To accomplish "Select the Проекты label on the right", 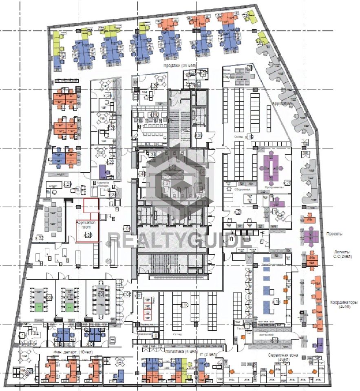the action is [x=334, y=234].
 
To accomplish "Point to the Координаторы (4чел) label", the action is [x=343, y=305].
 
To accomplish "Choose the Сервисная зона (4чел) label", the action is [x=283, y=358].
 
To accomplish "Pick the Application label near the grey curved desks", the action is [x=282, y=104].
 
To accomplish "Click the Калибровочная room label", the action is [x=272, y=265].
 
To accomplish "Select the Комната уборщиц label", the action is [x=103, y=185].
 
